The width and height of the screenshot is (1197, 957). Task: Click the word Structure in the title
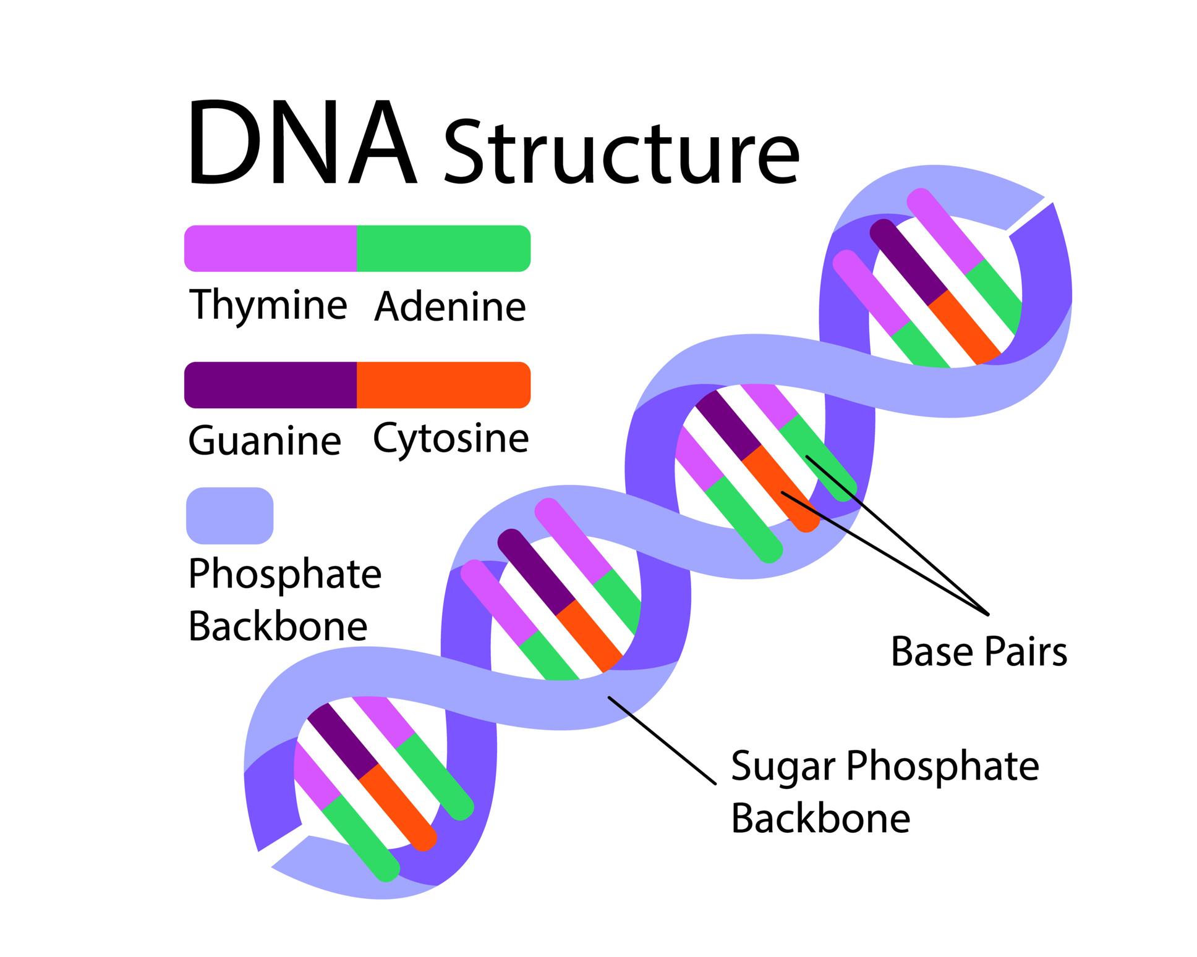[621, 151]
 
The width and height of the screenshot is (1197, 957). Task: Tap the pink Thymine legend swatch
[271, 248]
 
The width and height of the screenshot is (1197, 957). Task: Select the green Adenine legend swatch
[443, 248]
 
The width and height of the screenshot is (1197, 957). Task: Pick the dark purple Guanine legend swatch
[271, 385]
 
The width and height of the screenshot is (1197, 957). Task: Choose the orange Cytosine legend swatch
[443, 385]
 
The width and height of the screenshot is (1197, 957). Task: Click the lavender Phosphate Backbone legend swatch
[229, 516]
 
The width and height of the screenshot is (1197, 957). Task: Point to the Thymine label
[268, 305]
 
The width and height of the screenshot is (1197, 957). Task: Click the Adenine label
[449, 306]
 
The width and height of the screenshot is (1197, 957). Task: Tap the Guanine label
[265, 441]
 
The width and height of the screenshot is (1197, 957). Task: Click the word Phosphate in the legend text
[284, 574]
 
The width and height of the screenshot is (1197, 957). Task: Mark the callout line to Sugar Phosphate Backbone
[662, 740]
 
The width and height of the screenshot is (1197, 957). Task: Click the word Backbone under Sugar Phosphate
[820, 818]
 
